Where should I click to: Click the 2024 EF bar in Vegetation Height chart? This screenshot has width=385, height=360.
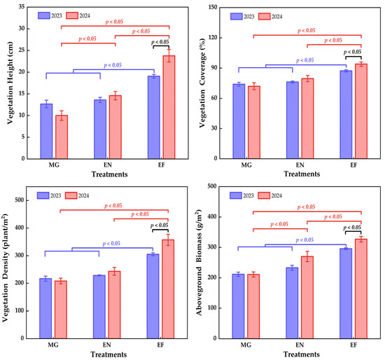(x=169, y=107)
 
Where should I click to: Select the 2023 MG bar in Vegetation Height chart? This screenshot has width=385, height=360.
(x=46, y=131)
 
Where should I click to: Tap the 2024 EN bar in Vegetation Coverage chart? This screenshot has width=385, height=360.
(x=308, y=118)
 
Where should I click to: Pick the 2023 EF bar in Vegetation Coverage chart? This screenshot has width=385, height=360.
(x=346, y=114)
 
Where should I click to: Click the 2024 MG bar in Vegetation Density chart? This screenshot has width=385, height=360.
(x=61, y=310)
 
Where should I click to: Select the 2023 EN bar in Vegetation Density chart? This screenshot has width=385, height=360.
(x=99, y=307)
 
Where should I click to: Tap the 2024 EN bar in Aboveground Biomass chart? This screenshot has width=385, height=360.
(x=307, y=298)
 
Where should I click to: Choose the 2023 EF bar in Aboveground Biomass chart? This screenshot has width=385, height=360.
(x=346, y=293)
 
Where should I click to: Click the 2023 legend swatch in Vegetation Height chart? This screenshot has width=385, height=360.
(x=44, y=15)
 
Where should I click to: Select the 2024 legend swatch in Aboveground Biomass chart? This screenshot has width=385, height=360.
(x=264, y=195)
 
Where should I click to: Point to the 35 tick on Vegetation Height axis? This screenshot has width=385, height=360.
(x=22, y=6)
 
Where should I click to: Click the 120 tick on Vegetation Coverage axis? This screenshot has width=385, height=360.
(x=213, y=37)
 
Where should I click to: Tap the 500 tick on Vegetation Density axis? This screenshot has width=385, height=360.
(x=20, y=200)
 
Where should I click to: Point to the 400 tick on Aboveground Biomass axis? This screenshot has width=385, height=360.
(x=213, y=216)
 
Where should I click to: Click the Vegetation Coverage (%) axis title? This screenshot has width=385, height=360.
(x=202, y=83)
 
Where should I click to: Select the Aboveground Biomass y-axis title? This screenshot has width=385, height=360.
(x=199, y=263)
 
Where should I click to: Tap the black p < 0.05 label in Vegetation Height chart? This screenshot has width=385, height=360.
(x=160, y=42)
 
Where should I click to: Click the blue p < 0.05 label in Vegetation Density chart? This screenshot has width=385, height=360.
(x=111, y=243)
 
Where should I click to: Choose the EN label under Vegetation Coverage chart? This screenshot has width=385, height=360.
(x=300, y=165)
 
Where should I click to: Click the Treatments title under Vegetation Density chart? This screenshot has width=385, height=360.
(x=108, y=354)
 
